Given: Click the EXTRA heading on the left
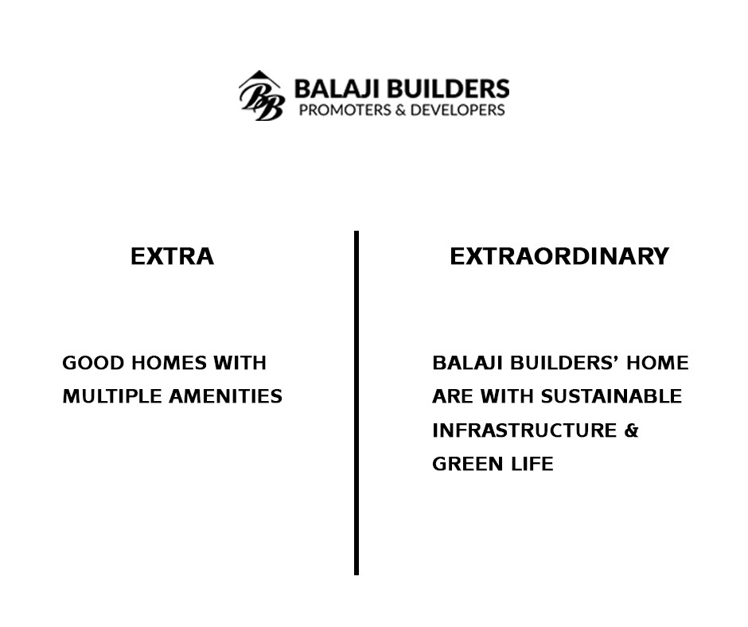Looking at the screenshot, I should click(172, 256).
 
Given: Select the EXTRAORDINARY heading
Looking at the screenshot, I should click(559, 256).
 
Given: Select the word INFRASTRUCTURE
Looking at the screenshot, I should click(524, 430).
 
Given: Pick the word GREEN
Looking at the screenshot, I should click(458, 465).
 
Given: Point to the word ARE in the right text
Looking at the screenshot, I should click(449, 396).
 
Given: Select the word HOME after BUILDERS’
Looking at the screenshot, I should click(658, 363).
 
